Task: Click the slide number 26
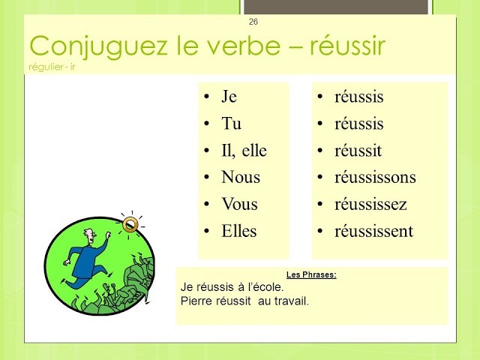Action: click(x=253, y=21)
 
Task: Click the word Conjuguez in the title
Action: click(x=78, y=46)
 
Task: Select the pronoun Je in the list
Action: click(x=229, y=97)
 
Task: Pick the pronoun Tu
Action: click(x=231, y=124)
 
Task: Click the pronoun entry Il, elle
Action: click(x=244, y=151)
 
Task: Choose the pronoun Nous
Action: click(x=241, y=178)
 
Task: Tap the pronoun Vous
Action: click(x=239, y=205)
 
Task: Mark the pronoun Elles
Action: click(x=239, y=232)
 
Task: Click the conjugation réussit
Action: click(x=358, y=151)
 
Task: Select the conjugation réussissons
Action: click(x=375, y=178)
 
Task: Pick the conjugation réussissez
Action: click(x=370, y=205)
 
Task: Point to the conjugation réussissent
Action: click(x=373, y=232)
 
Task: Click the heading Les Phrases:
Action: click(x=311, y=274)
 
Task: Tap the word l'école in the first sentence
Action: click(x=265, y=286)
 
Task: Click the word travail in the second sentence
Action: click(x=292, y=301)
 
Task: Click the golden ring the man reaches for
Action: click(x=130, y=223)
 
